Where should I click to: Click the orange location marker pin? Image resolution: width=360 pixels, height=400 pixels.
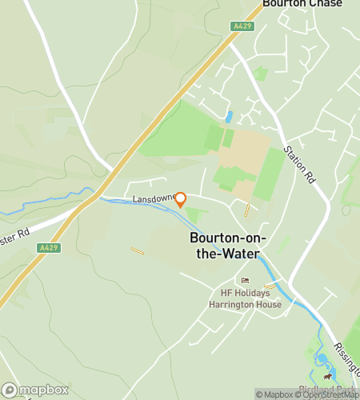tap(181, 199)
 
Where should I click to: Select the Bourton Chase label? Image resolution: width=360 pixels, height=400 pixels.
tap(302, 4)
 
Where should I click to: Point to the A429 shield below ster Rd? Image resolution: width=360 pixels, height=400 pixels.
tap(48, 249)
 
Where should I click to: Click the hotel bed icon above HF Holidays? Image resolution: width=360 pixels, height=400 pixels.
tap(245, 280)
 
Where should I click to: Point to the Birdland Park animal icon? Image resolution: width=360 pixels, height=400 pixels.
tap(326, 376)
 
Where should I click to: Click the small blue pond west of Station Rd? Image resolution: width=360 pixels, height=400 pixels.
tap(230, 117)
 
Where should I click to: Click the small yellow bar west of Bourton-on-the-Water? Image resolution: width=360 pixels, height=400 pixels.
tap(138, 250)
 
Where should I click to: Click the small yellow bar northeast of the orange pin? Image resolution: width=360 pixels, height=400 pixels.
tap(246, 210)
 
